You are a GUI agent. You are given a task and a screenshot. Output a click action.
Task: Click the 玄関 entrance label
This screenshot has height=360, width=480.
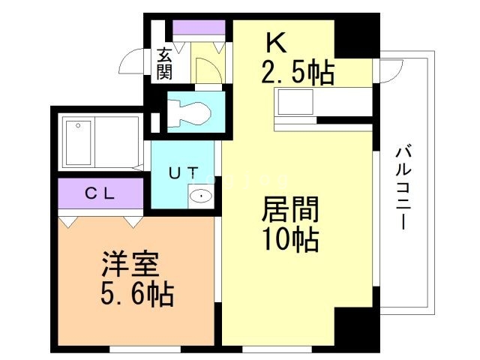click(164, 64)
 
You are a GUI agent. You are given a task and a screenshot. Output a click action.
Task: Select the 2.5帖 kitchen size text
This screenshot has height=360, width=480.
click(297, 73)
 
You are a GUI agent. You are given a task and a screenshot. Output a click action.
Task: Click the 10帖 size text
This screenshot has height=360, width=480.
click(290, 240)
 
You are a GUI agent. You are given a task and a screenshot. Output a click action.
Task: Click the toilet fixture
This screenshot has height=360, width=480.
click(190, 112)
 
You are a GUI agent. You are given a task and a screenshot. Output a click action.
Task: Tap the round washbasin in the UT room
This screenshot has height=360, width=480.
click(200, 196)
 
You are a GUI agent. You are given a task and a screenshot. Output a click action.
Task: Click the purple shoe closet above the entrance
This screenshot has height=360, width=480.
click(199, 28)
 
